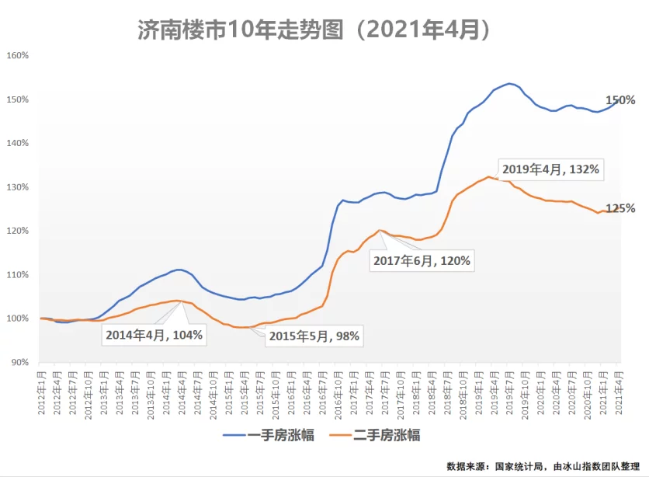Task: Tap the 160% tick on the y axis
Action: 18,56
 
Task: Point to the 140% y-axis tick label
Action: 18,144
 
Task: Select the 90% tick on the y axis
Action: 20,363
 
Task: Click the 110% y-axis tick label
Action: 18,275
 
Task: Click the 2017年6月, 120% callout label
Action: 422,261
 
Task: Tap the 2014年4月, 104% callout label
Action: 153,335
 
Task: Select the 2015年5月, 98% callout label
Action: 314,336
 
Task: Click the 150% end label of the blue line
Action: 620,100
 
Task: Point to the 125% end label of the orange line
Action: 620,208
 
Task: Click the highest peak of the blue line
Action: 509,83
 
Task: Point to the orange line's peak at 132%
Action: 489,177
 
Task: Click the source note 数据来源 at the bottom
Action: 547,466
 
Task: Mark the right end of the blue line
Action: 618,101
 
